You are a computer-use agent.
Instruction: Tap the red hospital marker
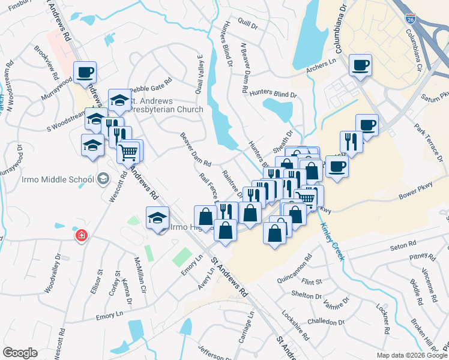click(80, 236)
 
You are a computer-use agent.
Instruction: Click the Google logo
click(20, 352)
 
